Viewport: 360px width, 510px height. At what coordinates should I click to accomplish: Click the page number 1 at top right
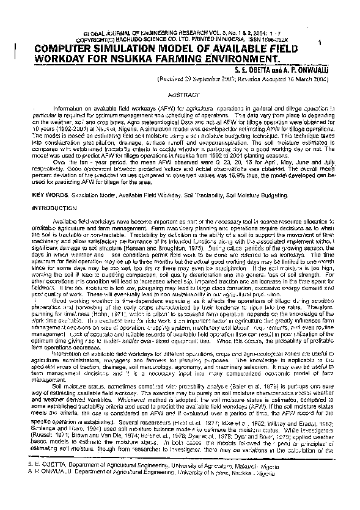coord(320,42)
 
